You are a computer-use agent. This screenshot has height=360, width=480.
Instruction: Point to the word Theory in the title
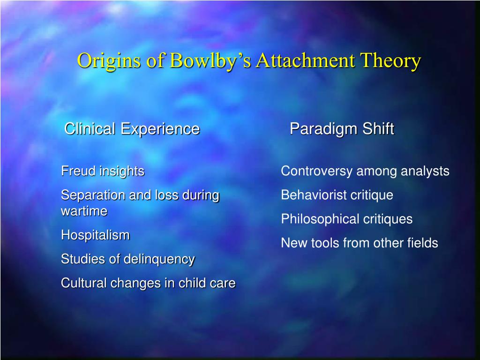(x=390, y=61)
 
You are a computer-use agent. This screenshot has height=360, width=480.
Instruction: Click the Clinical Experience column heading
(x=132, y=128)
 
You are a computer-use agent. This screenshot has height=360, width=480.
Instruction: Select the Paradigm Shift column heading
(x=342, y=128)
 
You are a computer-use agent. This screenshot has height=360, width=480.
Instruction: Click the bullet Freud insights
(x=103, y=171)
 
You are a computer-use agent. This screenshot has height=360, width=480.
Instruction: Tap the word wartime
(x=84, y=211)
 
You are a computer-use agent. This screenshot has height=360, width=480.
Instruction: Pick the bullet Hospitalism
(x=95, y=235)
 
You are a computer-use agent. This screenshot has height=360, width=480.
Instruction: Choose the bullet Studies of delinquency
(x=127, y=259)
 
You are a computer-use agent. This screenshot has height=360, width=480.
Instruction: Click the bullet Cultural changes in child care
(x=148, y=283)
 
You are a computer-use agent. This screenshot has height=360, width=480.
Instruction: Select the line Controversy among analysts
(x=365, y=171)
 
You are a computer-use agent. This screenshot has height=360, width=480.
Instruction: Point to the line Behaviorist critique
(x=337, y=195)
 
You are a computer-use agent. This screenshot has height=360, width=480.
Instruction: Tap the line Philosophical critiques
(x=346, y=219)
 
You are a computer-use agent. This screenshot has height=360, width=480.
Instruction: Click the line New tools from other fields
(x=359, y=243)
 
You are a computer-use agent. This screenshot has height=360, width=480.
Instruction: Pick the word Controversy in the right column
(x=316, y=171)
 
